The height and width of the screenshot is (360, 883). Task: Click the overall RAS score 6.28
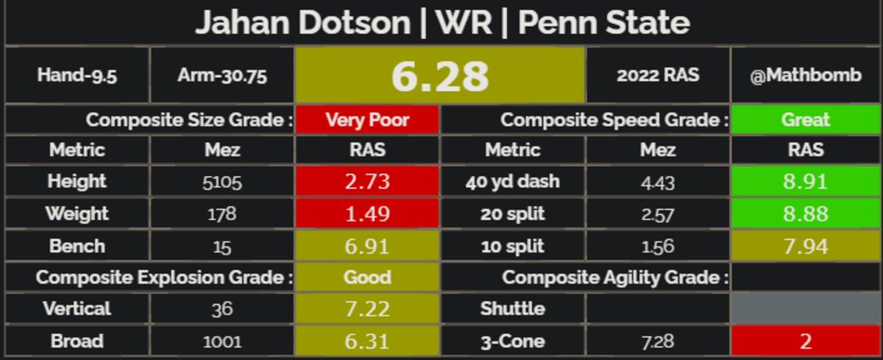point(440,75)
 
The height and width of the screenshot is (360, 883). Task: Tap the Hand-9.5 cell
point(77,75)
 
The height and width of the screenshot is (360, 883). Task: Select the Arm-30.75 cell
point(222,75)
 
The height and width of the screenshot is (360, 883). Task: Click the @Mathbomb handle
point(806,75)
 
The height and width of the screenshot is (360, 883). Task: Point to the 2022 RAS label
point(658,75)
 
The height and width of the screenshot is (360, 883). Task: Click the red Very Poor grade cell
point(367,119)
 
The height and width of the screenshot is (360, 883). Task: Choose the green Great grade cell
point(806,119)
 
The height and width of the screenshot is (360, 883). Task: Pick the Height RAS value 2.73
point(367,181)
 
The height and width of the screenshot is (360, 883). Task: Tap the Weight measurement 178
point(222,214)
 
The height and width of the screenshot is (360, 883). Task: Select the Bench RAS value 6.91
point(367,246)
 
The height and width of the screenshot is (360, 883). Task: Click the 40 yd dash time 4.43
point(658,182)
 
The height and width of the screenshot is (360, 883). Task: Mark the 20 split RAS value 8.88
point(806,214)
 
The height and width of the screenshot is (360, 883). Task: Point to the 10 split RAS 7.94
point(806,246)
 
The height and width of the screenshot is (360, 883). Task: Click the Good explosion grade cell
point(367,278)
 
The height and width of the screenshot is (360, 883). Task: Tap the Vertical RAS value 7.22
point(367,308)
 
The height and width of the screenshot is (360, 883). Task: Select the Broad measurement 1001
point(222,342)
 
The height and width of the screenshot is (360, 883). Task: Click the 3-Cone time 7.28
point(658,342)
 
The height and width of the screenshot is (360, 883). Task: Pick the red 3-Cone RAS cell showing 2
point(806,342)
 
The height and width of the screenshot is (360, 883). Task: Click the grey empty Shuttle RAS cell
point(806,308)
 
